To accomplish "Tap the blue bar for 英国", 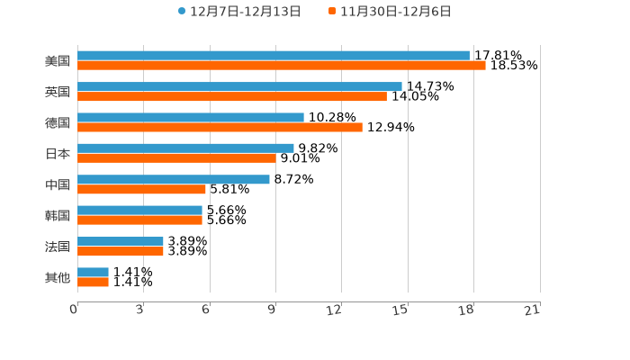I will tap(239, 86).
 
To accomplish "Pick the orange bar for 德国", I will tap(220, 127).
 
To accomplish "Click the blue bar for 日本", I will tap(185, 148).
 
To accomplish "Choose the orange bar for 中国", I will tap(142, 189).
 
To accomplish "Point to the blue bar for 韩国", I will tap(139, 210).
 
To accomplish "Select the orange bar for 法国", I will tap(121, 251).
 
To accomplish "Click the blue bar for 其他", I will tap(93, 272).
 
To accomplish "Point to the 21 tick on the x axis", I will tap(533, 310).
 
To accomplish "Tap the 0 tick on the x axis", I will tap(74, 310).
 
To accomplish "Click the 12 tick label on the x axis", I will tap(335, 310).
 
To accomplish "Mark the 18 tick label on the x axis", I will tap(466, 310).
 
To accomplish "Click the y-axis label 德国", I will tap(58, 122).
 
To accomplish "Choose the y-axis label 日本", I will tap(58, 153).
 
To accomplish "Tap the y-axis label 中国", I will tap(58, 184).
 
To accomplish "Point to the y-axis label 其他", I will tap(58, 277).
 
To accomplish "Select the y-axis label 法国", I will tap(58, 247).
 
